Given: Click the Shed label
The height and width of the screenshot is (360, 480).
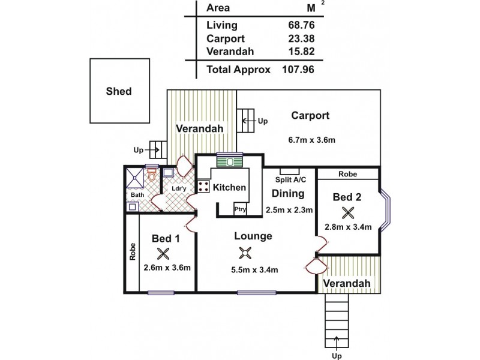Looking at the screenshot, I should (118, 92).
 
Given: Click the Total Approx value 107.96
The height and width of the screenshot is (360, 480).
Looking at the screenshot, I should (298, 70).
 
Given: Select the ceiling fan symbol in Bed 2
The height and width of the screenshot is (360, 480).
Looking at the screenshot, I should (347, 212).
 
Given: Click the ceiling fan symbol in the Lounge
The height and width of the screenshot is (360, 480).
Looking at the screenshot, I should (245, 252).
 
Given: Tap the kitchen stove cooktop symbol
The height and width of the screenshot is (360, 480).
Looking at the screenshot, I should (203, 187).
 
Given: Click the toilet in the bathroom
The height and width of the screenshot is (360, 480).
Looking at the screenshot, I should (152, 178).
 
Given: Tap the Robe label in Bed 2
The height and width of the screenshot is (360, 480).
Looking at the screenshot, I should (347, 174).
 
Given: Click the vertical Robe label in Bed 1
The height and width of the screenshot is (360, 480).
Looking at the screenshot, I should (132, 251).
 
